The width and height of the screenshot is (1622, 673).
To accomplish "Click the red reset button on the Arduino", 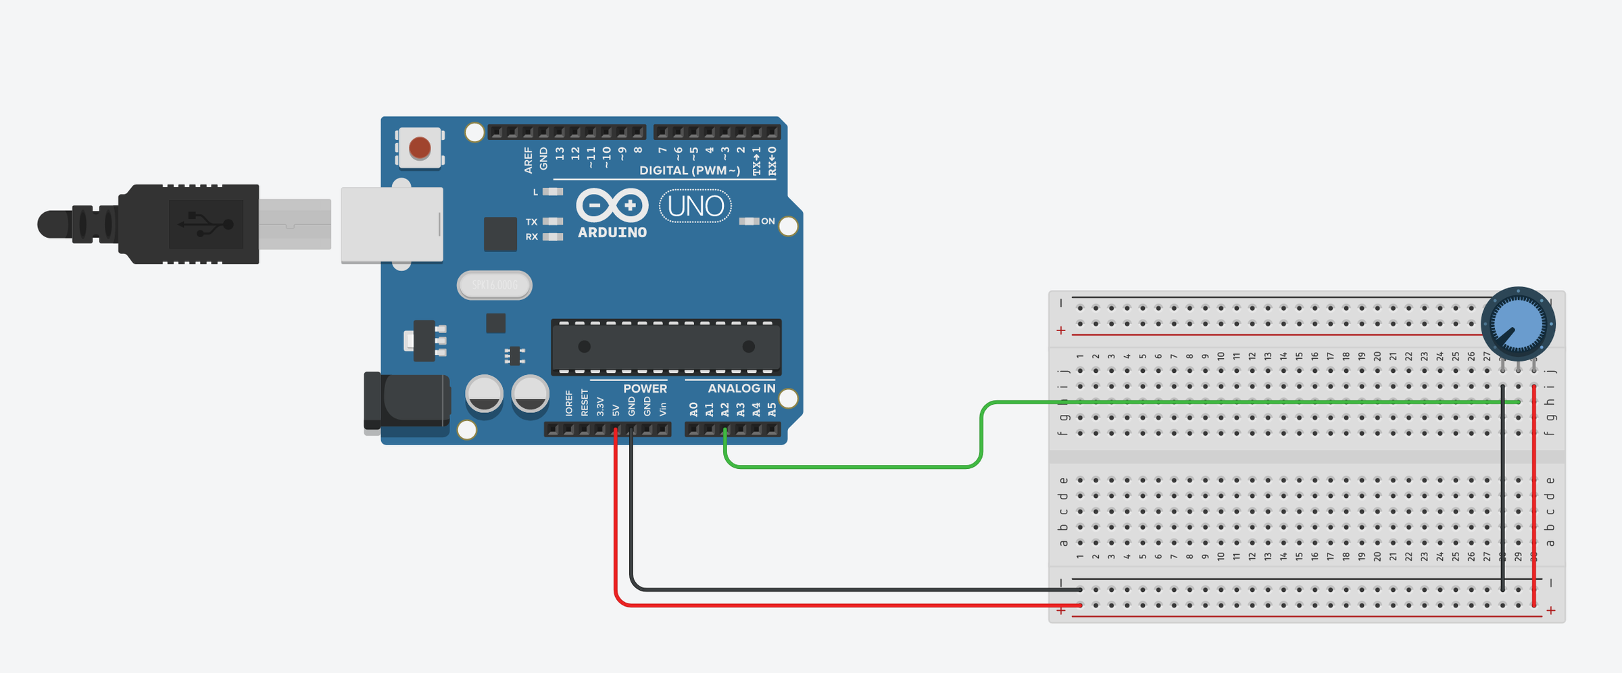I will tap(420, 147).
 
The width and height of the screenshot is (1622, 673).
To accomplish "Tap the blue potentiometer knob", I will tap(1518, 324).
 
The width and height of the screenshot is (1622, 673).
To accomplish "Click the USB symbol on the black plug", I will tap(205, 224).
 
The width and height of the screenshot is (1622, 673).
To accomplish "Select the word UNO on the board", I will tap(695, 206).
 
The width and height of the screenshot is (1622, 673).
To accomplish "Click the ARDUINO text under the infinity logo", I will tap(612, 232).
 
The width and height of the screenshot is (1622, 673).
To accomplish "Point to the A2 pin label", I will tap(724, 409).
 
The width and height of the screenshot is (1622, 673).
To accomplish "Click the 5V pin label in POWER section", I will tap(616, 410).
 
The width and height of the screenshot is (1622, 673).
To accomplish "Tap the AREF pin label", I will tap(528, 161).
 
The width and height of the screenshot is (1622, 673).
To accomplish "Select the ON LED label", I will tap(768, 221).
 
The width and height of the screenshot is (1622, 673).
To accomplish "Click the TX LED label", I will tap(532, 222).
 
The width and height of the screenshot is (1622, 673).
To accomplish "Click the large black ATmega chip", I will tap(666, 347).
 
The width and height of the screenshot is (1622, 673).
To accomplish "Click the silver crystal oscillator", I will tap(495, 285).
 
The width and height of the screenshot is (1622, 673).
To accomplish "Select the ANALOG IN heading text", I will tap(741, 389).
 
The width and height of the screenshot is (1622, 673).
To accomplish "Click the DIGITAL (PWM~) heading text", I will tap(689, 170).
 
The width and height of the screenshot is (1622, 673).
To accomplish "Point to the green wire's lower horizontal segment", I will tap(852, 466).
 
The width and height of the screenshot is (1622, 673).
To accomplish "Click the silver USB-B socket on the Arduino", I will tap(392, 224).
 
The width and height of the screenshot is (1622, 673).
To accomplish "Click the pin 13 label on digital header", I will tap(560, 154).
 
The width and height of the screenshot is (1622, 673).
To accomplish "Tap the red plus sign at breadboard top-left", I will tap(1061, 330).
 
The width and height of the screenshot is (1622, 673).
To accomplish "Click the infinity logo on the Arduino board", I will tap(612, 205).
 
